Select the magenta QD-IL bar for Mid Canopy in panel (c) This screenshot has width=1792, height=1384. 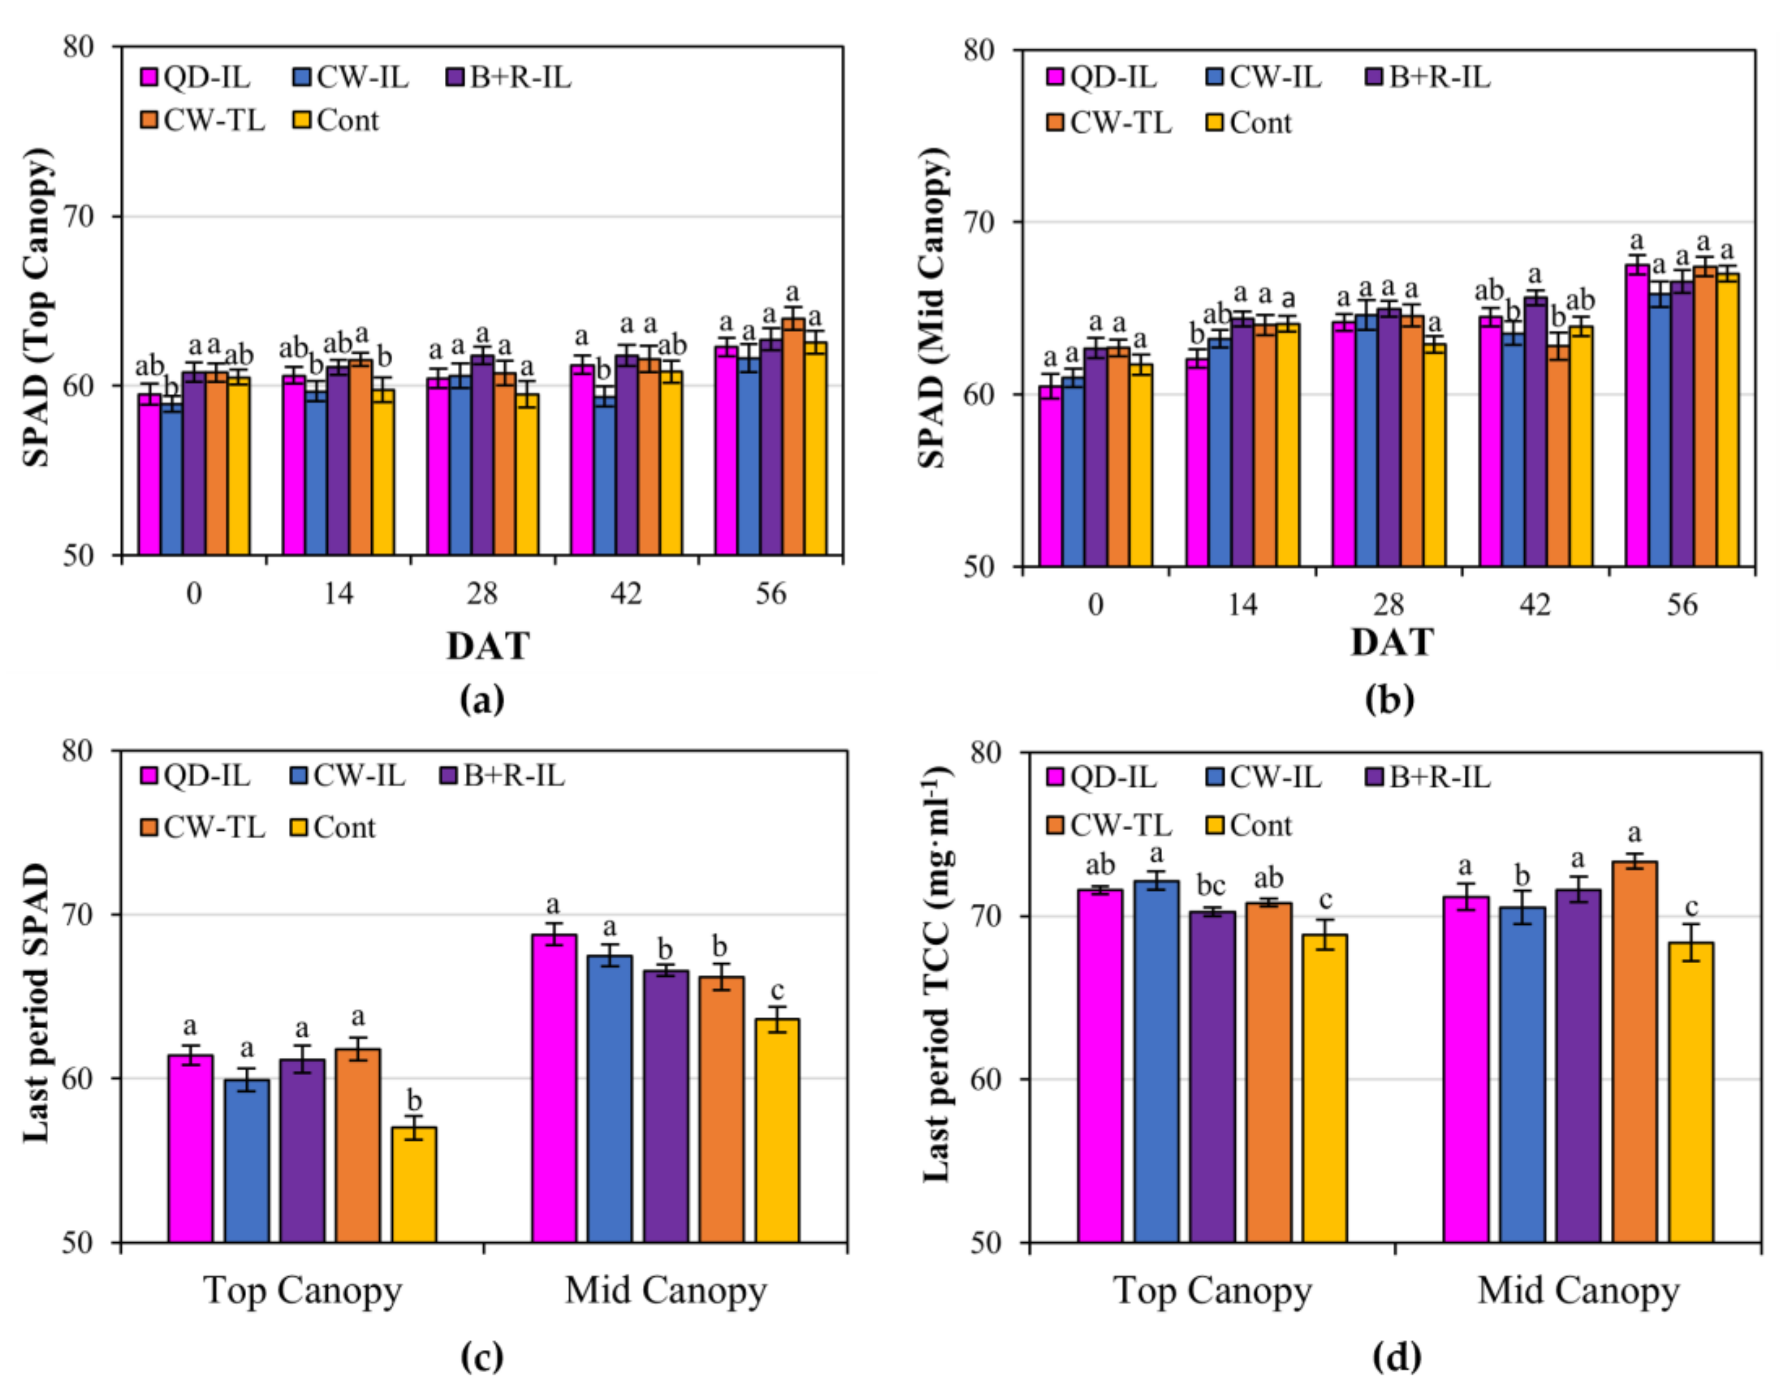(554, 1087)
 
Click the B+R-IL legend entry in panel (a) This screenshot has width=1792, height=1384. (509, 78)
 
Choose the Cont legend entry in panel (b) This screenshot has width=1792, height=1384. (1249, 123)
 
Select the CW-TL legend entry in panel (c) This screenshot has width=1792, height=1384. (203, 827)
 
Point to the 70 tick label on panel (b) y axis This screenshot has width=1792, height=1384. (979, 222)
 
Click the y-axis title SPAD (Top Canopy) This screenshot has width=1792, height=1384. (37, 308)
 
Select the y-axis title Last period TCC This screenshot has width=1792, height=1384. (936, 976)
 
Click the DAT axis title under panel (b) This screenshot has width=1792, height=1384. (1392, 643)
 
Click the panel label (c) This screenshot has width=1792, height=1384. (482, 1357)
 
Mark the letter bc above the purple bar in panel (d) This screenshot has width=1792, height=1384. (1211, 885)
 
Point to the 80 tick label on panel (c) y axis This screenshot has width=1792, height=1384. (79, 751)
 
